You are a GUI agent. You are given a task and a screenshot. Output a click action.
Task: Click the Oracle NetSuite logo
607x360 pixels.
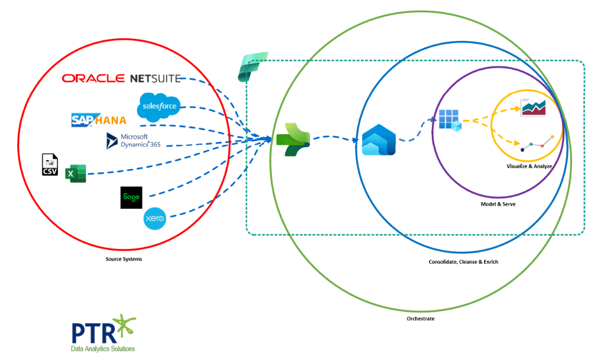[x=121, y=79]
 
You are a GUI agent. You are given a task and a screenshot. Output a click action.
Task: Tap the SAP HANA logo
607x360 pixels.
[x=98, y=120]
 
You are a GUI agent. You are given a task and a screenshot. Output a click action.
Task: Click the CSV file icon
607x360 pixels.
[x=50, y=164]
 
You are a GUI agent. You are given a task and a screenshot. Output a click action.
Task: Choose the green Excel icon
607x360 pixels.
[x=76, y=173]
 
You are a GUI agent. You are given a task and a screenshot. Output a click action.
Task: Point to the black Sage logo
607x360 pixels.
[x=131, y=197]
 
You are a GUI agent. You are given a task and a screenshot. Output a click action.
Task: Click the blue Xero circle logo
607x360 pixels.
[x=155, y=219]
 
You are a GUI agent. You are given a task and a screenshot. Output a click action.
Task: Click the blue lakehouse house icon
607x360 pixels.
[x=378, y=140]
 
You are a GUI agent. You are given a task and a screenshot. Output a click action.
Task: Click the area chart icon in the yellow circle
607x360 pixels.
[x=532, y=108]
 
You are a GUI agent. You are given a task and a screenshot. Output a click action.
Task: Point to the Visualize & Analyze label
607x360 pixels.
[x=528, y=166]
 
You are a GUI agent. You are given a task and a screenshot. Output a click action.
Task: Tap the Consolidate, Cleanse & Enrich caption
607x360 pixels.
[x=463, y=261]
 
